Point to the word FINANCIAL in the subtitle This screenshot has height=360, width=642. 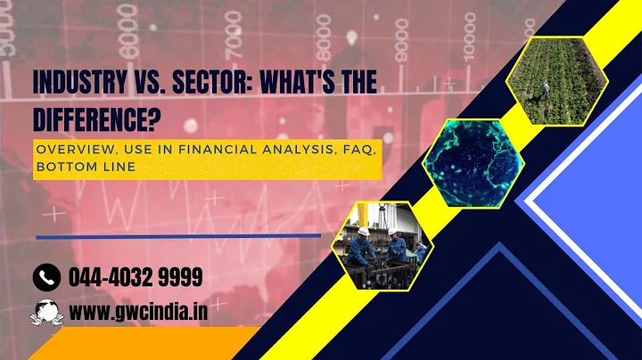pos(202,149)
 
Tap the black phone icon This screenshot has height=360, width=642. pos(45,278)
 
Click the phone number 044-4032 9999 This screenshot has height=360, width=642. pos(136,278)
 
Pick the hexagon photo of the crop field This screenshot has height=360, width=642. pos(556,81)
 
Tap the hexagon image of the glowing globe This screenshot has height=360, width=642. pos(472,160)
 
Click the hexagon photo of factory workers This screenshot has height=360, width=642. pos(383,246)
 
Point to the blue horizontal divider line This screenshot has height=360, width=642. pos(178,236)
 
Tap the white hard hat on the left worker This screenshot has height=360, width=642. pos(363,231)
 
